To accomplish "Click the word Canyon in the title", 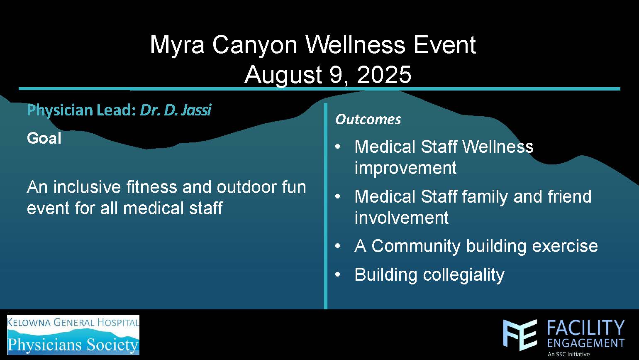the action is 255,45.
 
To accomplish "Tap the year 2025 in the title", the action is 384,74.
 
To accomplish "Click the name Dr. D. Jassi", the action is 176,110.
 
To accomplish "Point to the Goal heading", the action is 44,138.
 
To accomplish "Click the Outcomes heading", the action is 368,119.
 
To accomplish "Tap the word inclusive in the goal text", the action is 87,187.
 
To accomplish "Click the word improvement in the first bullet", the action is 405,168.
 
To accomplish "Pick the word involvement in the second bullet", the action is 401,218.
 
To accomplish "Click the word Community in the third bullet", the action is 416,246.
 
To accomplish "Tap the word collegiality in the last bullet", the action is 463,275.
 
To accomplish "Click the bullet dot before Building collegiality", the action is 338,274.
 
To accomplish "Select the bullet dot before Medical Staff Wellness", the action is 338,147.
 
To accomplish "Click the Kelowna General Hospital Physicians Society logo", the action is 73,335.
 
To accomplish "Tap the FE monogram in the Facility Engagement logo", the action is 520,335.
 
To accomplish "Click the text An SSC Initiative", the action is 568,354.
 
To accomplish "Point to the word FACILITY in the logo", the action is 585,328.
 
